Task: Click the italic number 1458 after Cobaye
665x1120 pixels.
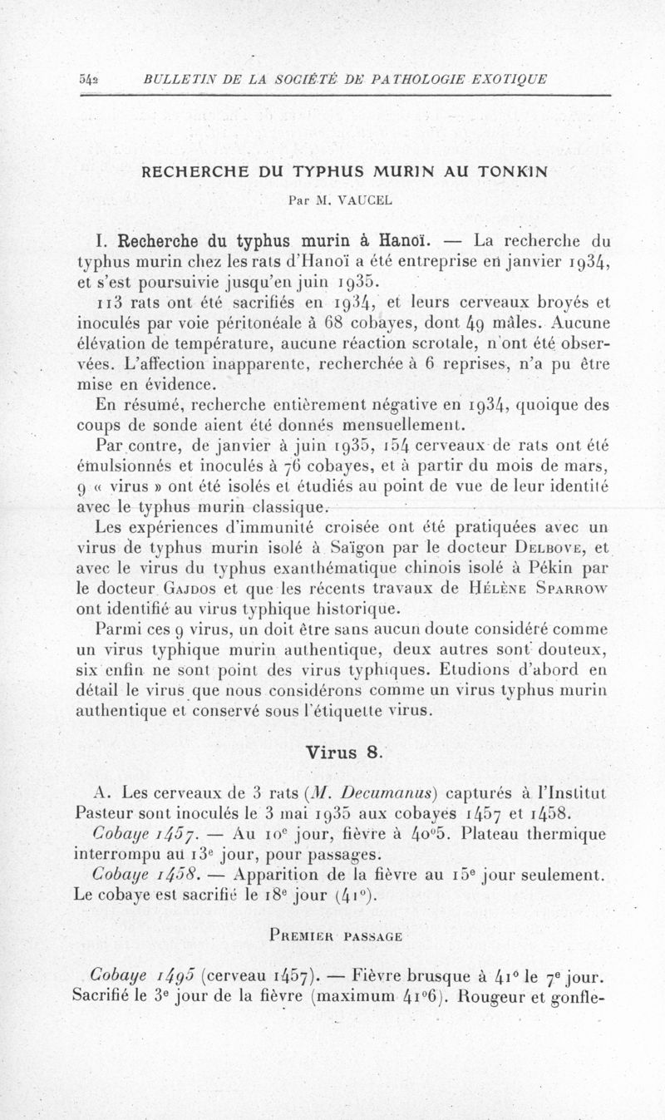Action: point(190,875)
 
